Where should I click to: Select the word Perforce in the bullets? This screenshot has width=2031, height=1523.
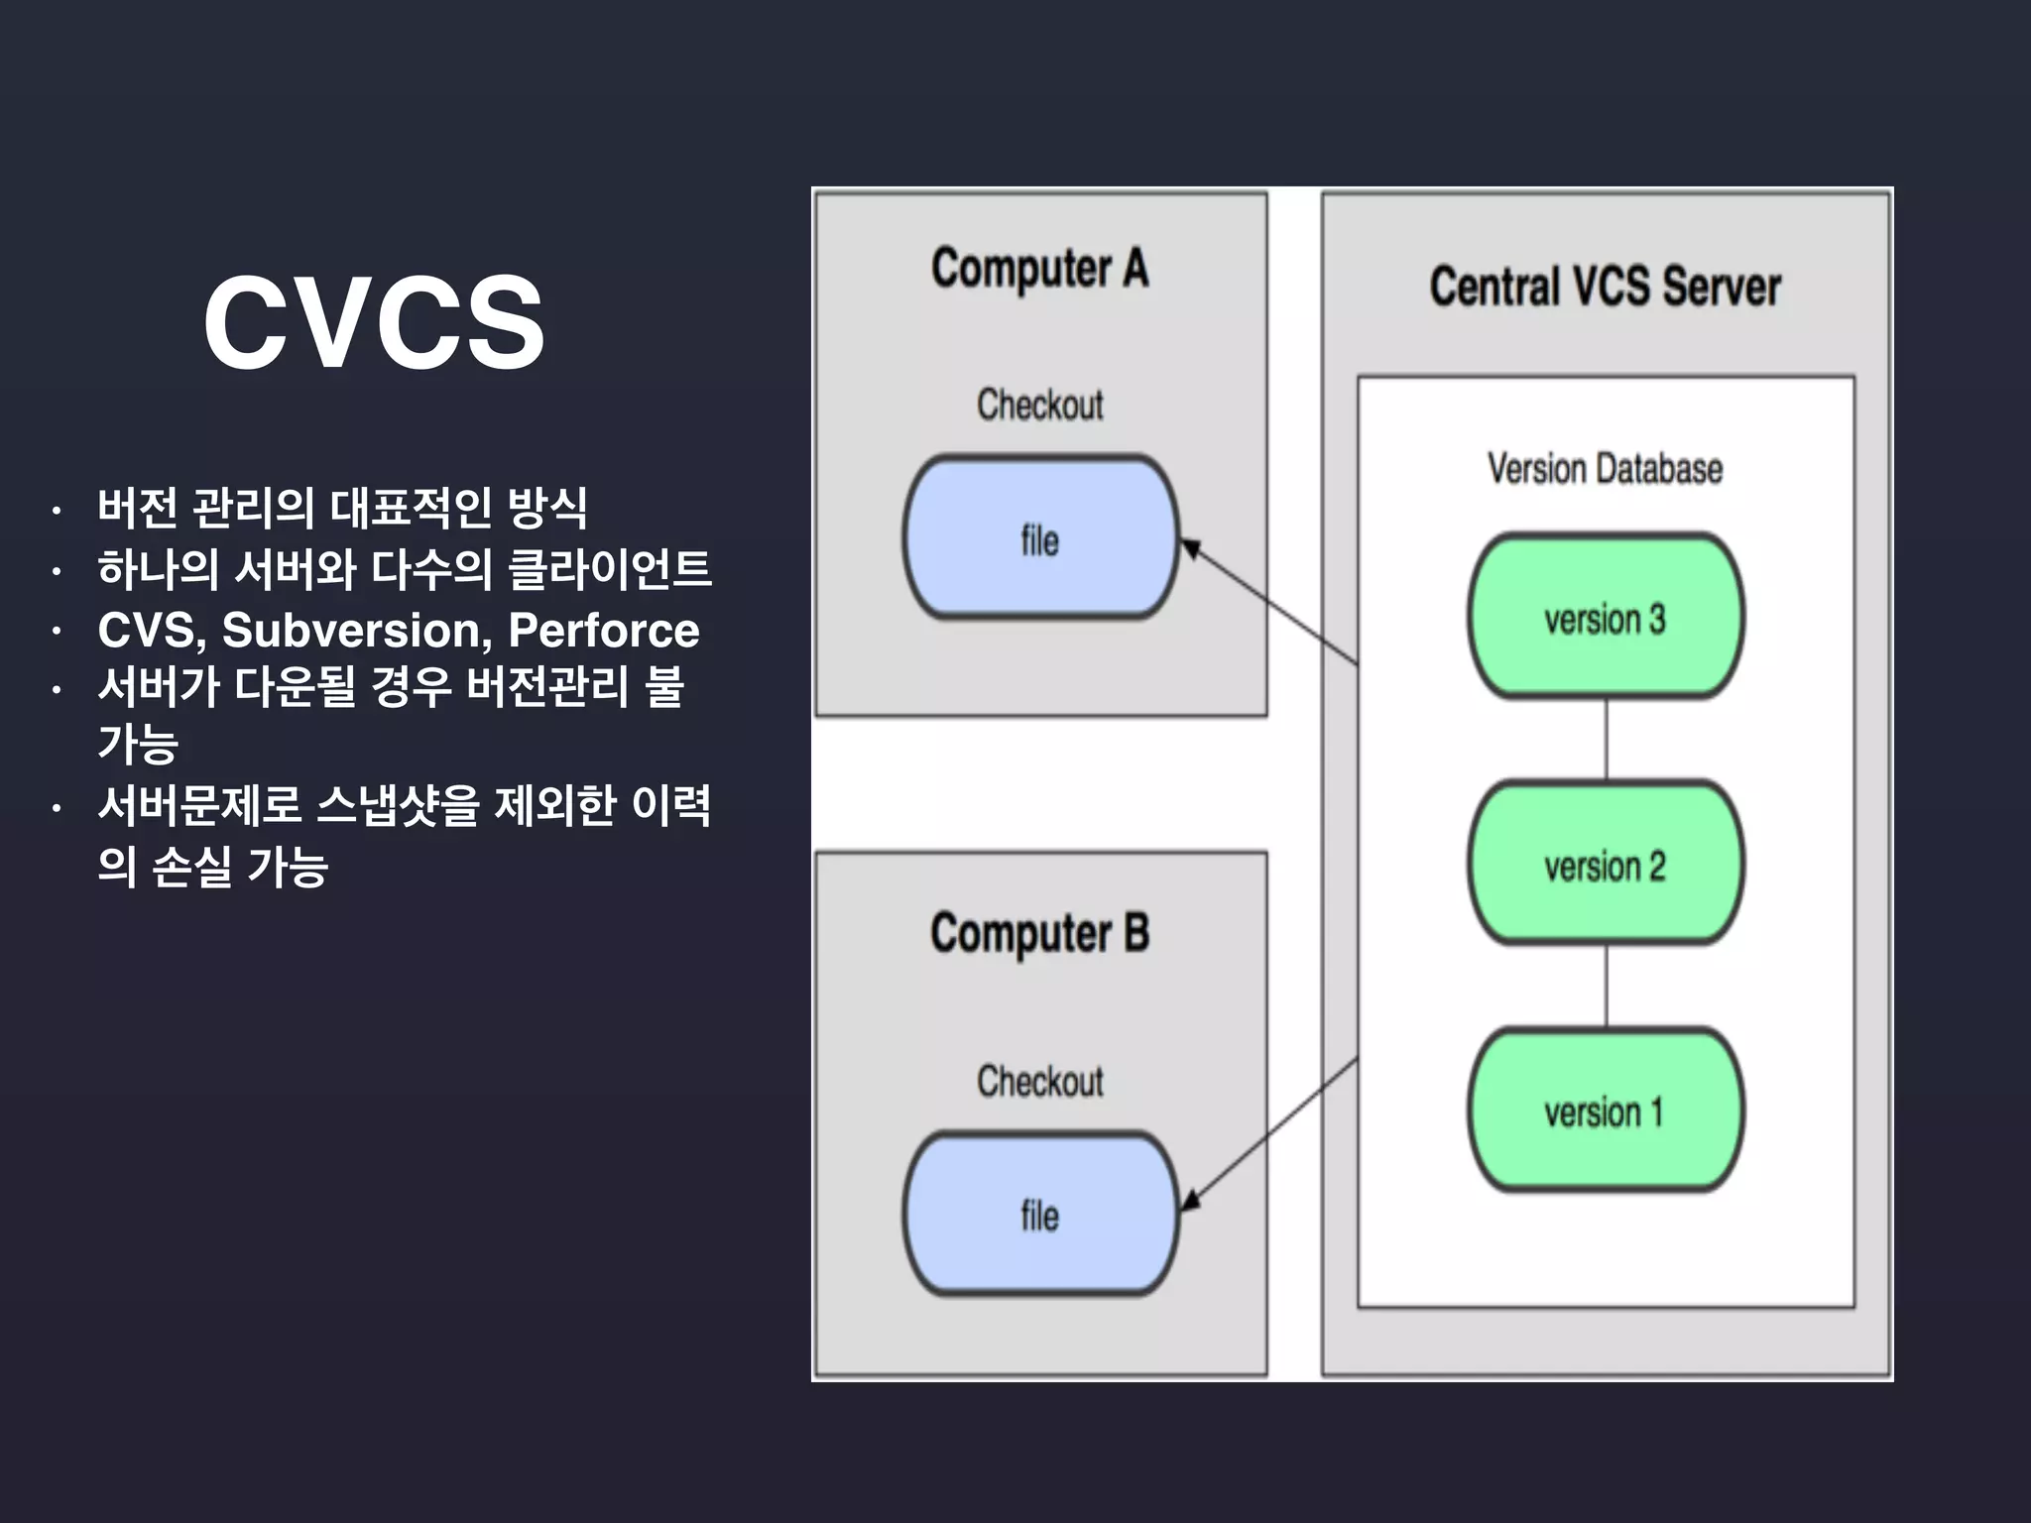[603, 631]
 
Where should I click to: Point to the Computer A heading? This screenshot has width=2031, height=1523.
[1039, 269]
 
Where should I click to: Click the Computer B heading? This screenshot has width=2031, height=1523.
[1039, 934]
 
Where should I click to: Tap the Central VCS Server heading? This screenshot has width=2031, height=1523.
[1605, 287]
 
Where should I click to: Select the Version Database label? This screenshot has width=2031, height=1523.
[1605, 468]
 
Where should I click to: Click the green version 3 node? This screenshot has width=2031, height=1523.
[1605, 617]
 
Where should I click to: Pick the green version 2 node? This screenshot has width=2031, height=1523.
[1605, 864]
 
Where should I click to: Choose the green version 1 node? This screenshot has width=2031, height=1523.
[1605, 1111]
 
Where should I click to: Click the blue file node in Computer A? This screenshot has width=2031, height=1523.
[1039, 538]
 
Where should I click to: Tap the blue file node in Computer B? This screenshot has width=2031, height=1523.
[1039, 1215]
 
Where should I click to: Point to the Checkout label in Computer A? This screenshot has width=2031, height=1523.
[1039, 405]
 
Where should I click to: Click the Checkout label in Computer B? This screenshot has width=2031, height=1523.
[1039, 1081]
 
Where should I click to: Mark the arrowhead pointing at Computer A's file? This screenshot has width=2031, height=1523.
[1191, 547]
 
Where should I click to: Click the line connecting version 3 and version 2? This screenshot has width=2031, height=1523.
[1607, 740]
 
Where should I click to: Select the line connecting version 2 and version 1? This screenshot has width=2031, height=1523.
[1607, 986]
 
